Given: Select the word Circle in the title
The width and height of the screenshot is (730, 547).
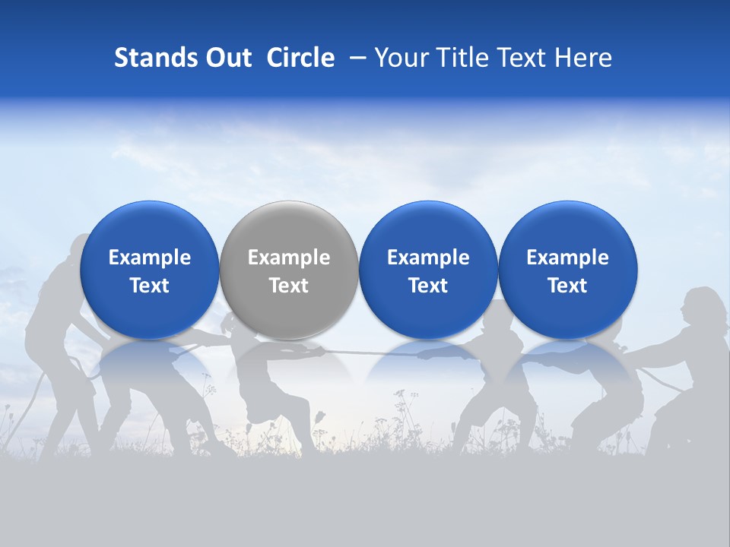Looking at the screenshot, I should click(x=300, y=58).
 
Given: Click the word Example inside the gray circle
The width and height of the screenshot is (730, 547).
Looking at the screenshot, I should click(x=289, y=258).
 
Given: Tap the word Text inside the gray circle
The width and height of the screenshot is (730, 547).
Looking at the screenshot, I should click(x=289, y=286).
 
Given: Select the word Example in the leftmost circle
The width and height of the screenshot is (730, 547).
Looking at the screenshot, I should click(x=149, y=258).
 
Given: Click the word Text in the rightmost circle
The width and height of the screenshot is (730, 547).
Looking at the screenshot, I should click(x=567, y=286).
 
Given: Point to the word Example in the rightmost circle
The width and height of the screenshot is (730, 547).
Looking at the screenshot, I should click(x=567, y=258).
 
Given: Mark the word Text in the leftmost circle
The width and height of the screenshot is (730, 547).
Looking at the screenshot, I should click(x=149, y=286).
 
